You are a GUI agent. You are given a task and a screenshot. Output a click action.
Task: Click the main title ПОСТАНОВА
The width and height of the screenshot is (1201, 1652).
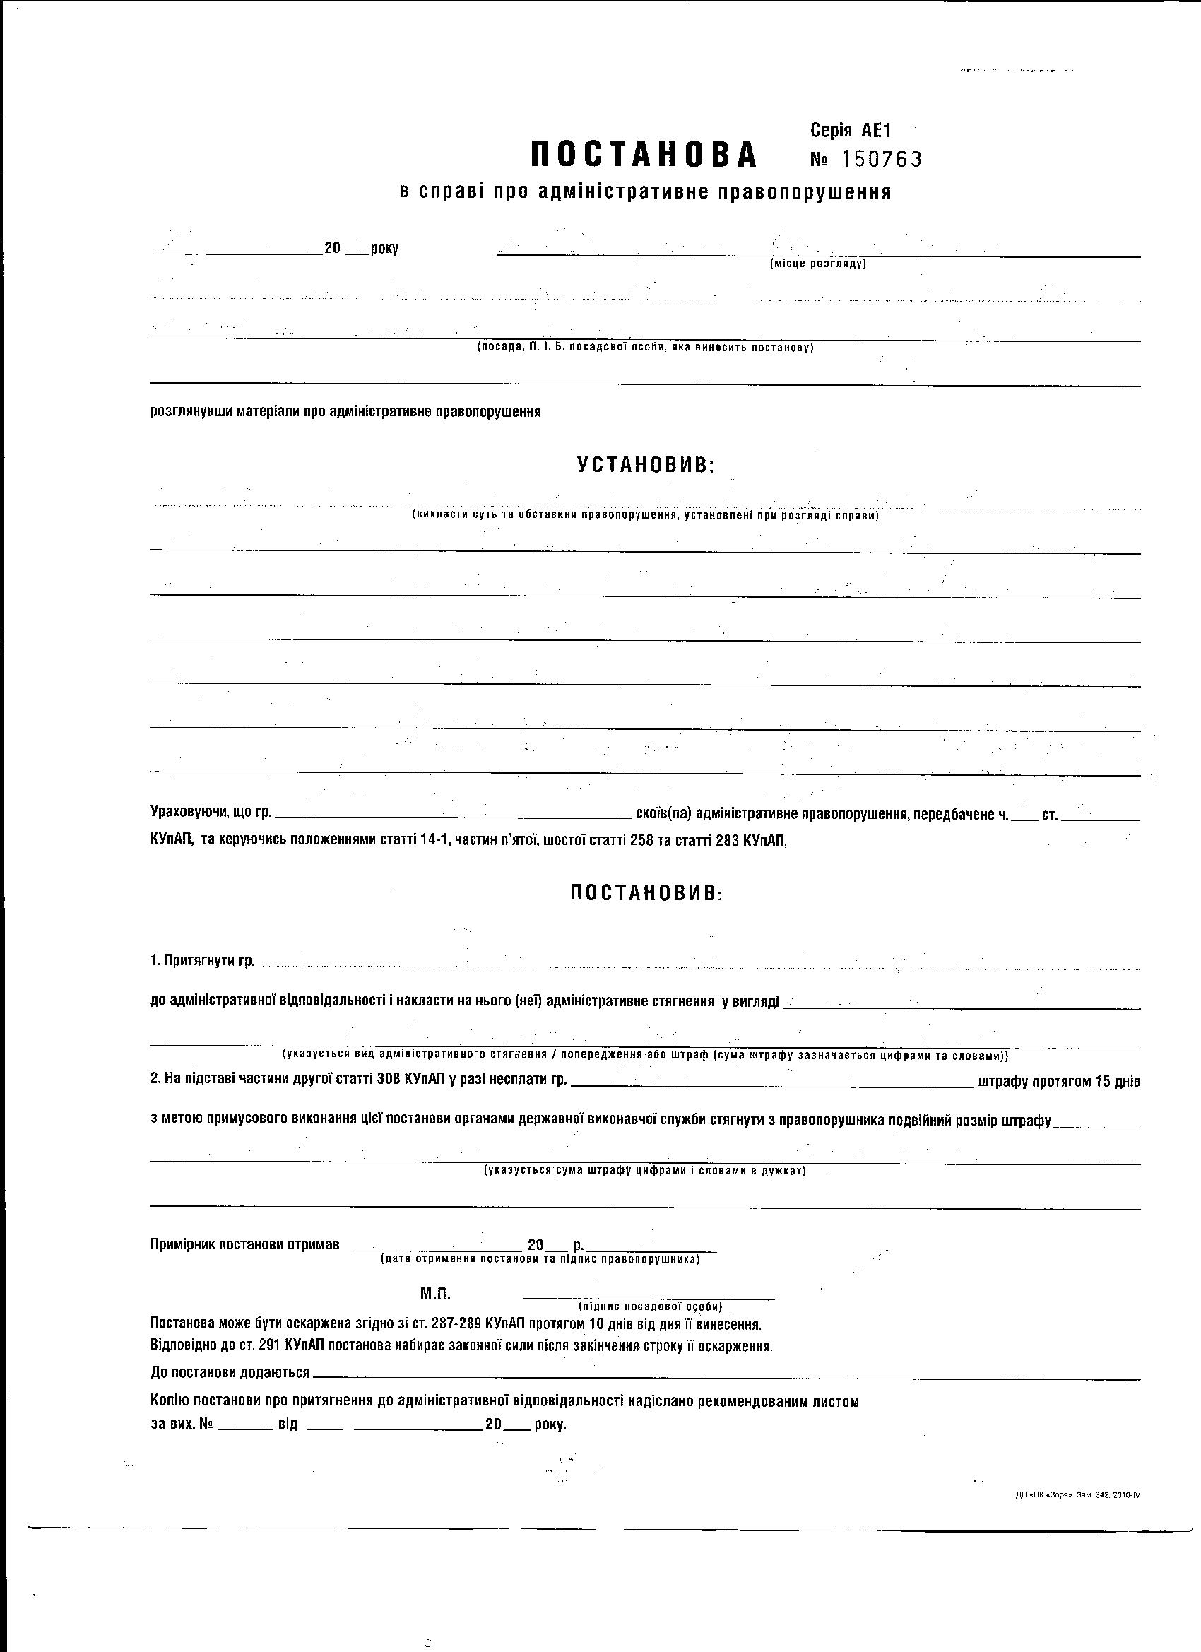(644, 155)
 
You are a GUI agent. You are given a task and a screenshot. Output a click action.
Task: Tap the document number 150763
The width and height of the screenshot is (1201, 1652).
(880, 159)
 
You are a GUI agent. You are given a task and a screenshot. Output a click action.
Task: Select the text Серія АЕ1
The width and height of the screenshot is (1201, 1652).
(851, 131)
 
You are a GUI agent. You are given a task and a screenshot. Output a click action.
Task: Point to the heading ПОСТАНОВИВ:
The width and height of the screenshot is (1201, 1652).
(646, 893)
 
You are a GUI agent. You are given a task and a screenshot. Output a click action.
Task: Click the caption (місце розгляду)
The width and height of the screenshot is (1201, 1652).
(818, 264)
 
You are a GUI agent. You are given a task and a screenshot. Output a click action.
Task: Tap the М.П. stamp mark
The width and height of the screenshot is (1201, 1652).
(435, 1294)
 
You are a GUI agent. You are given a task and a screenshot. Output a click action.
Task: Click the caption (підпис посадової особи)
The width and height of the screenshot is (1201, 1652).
(650, 1306)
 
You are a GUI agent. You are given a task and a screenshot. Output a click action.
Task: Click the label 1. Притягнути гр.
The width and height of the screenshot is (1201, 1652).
(203, 961)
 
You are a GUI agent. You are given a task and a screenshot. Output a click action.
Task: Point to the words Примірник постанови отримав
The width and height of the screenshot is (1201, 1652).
(244, 1244)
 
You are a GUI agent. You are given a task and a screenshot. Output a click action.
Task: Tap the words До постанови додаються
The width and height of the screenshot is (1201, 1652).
(230, 1372)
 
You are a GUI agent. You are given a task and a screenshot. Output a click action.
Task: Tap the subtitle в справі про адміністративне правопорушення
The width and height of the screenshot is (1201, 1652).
(645, 192)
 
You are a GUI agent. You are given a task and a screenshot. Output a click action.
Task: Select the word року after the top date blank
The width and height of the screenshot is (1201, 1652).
(384, 249)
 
